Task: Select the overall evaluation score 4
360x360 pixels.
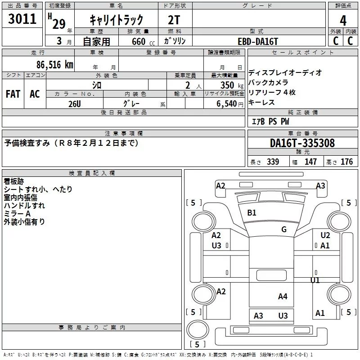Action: point(343,21)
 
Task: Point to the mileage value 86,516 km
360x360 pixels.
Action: point(54,64)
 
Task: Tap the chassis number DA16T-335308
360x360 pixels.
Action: point(302,143)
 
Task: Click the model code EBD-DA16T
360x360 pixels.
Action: point(258,41)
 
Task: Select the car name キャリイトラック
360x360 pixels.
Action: point(117,20)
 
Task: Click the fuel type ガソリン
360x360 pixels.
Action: point(175,41)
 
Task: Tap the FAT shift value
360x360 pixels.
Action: point(13,94)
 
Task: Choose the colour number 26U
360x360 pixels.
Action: point(74,104)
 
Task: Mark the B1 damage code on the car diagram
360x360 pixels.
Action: point(252,213)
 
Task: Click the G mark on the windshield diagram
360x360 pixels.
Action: point(284,229)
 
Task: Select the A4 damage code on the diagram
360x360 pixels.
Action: point(283,296)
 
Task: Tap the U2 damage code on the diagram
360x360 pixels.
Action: point(325,235)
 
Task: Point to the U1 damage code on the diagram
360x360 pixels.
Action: point(315,280)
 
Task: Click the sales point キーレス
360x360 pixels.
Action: point(261,103)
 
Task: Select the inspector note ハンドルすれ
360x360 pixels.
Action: point(24,206)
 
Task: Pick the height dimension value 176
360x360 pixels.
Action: point(346,162)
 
